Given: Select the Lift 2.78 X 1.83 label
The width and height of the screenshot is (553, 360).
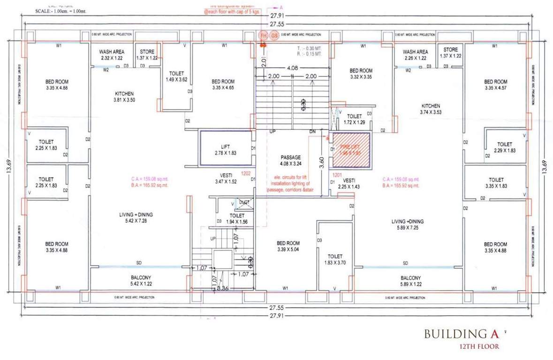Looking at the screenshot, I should [x=225, y=150].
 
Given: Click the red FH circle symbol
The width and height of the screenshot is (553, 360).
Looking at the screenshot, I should [x=263, y=36].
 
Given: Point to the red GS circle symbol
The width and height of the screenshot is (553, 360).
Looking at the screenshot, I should [x=274, y=36].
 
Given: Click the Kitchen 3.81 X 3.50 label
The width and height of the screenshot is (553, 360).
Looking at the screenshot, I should [x=124, y=97].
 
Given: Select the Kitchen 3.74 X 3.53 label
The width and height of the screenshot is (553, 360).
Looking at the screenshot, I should [x=430, y=109].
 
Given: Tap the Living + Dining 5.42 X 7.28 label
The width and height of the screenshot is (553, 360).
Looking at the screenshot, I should [x=136, y=217].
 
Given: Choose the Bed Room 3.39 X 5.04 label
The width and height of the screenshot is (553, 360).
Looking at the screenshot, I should [x=288, y=246].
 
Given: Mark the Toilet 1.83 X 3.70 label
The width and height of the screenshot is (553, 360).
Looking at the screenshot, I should [x=335, y=260].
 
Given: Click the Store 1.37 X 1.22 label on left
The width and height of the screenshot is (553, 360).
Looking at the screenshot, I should [x=147, y=55].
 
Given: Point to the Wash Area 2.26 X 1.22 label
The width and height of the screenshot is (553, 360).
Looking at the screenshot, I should [x=415, y=55].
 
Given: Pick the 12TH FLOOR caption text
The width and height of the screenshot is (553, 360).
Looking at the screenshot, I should [x=479, y=347].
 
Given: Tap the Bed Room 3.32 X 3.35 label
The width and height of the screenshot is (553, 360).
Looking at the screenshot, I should [x=364, y=74].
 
